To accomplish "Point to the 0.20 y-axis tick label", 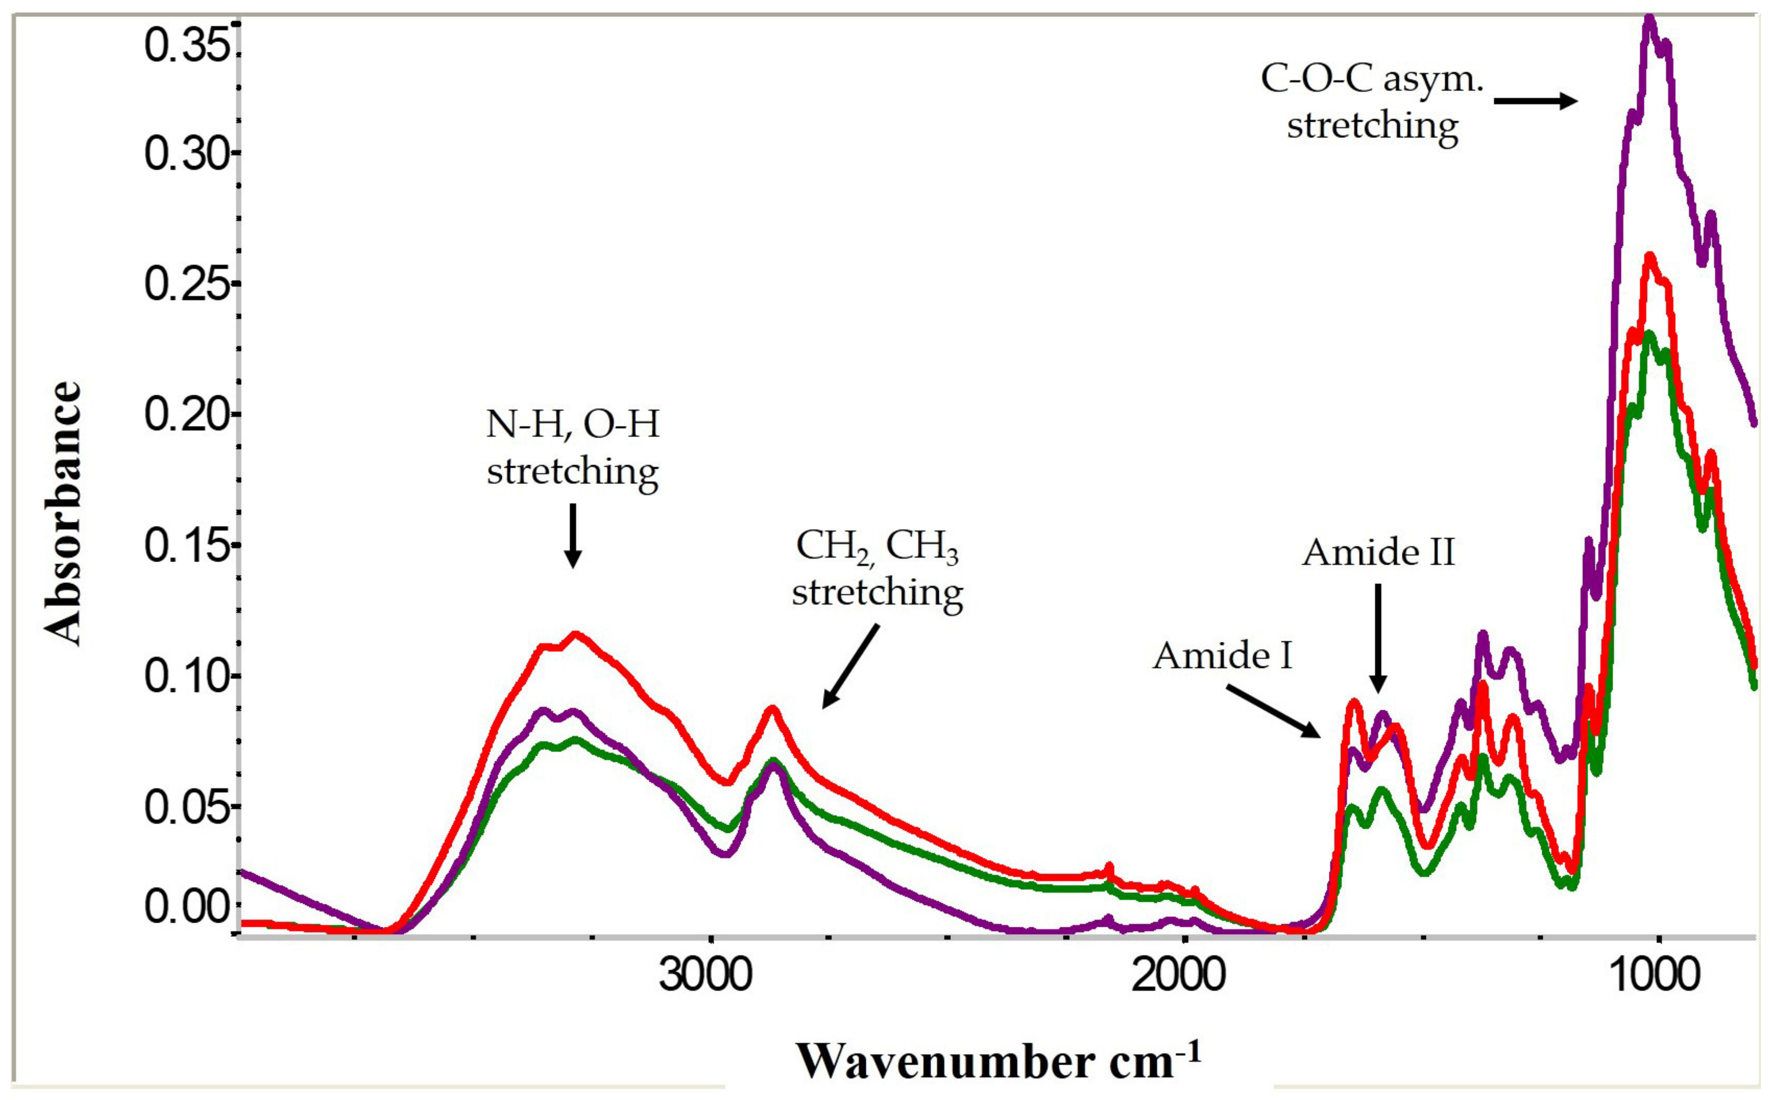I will [x=188, y=415].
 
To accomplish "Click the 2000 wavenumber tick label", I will [x=1178, y=975].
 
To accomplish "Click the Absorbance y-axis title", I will [x=62, y=513].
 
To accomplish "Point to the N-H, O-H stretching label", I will [x=572, y=448].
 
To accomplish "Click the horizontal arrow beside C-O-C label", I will [x=1535, y=101].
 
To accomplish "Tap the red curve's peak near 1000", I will [x=1650, y=256].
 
